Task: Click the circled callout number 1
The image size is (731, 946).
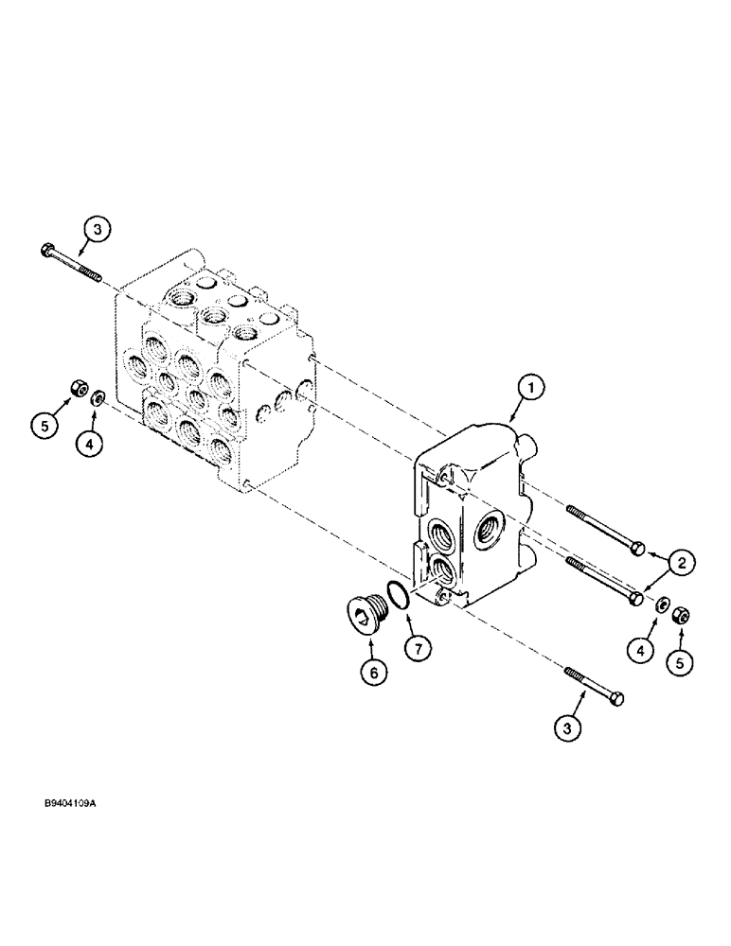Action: click(532, 386)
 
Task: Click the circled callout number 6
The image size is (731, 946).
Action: click(373, 673)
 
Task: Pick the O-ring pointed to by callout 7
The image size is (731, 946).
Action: click(399, 596)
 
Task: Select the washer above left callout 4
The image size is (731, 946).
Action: click(98, 397)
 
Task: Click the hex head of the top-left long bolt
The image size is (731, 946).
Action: click(48, 250)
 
